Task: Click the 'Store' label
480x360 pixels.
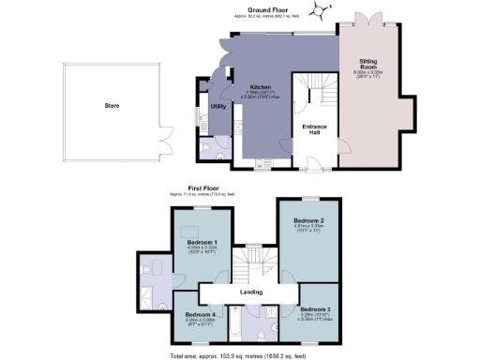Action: click(x=98, y=106)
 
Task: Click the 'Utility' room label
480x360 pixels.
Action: click(x=217, y=107)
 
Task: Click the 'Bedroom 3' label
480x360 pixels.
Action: click(x=315, y=308)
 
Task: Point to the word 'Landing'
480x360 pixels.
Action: click(x=250, y=292)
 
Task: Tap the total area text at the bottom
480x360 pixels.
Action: click(x=248, y=355)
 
